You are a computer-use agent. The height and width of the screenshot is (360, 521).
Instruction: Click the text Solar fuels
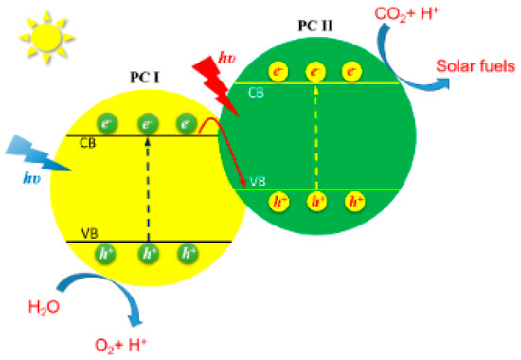(476, 66)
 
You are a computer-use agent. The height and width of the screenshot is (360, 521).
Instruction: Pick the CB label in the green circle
(256, 93)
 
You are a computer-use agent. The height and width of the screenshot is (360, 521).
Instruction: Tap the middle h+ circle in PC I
(148, 253)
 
